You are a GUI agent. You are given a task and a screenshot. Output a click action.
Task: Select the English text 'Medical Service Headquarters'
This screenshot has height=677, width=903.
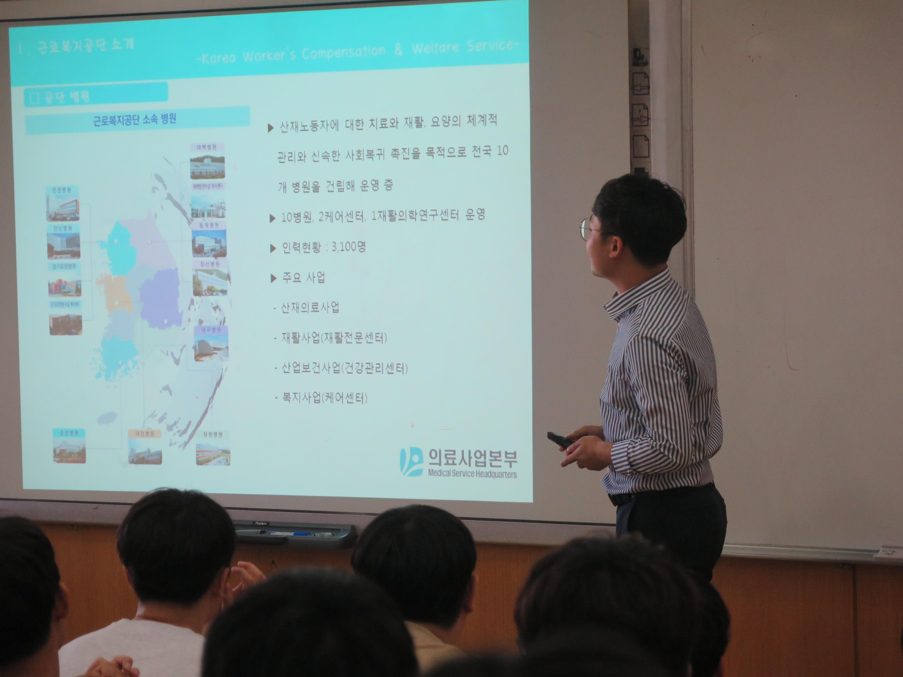472,474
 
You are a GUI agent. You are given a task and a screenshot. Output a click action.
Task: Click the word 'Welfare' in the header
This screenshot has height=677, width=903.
435,49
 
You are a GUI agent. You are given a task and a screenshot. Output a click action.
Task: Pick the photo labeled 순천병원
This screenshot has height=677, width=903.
69,450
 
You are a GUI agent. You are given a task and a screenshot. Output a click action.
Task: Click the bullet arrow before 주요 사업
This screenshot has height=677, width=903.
273,279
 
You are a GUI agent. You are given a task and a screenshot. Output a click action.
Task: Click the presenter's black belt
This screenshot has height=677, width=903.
621,499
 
